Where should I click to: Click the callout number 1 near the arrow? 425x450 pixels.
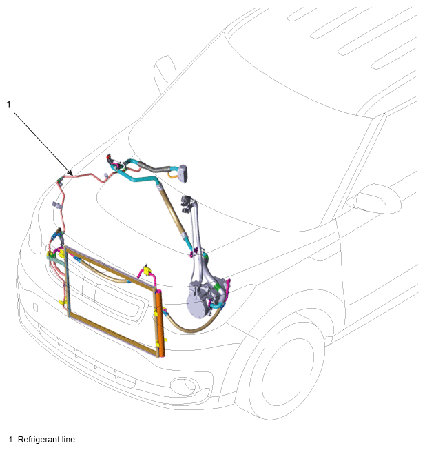[x=8, y=104]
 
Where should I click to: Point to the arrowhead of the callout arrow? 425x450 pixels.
[x=71, y=173]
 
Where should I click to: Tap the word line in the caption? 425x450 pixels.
[x=68, y=440]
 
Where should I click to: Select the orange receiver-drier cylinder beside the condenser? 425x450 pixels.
[x=160, y=324]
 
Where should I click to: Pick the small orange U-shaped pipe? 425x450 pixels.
[x=172, y=175]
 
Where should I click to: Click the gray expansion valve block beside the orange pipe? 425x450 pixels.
[x=183, y=173]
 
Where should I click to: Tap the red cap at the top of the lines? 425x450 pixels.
[x=108, y=157]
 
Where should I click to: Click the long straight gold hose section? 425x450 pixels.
[x=172, y=212]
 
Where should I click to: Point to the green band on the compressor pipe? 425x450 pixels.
[x=217, y=287]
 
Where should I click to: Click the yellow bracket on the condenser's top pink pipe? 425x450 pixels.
[x=147, y=270]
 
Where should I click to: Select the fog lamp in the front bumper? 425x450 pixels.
[x=185, y=385]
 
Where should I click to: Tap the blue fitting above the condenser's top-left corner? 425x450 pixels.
[x=55, y=237]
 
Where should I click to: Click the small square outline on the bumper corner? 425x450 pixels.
[x=36, y=307]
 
